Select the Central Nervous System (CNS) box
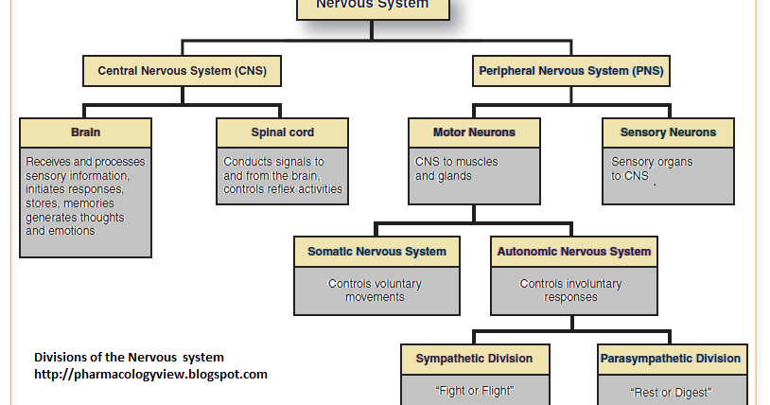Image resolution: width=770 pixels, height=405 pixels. tap(183, 70)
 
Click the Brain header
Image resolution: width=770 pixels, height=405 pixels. tap(85, 132)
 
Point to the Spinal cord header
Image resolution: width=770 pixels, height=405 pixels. tap(282, 132)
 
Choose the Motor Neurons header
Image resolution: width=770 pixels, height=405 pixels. tap(474, 132)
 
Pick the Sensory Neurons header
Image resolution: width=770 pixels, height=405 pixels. tap(668, 132)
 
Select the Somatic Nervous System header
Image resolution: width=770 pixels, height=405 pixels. tap(376, 252)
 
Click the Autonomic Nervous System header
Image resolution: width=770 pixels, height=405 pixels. tap(573, 252)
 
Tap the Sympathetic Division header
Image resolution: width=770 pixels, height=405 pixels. tap(474, 359)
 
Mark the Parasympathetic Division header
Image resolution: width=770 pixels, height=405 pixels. tap(670, 359)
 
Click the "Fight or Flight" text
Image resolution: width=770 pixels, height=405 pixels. tap(474, 389)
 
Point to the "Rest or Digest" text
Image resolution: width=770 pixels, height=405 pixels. tap(670, 391)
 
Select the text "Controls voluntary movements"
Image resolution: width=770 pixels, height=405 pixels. tap(376, 291)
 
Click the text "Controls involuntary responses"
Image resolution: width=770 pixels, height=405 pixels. tap(571, 291)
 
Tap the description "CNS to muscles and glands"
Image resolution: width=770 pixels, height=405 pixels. tap(456, 168)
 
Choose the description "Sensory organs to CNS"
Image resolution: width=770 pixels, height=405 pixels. tap(652, 168)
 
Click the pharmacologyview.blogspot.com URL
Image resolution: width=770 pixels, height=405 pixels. tap(150, 374)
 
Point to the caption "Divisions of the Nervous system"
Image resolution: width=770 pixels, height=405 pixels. tap(129, 357)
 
